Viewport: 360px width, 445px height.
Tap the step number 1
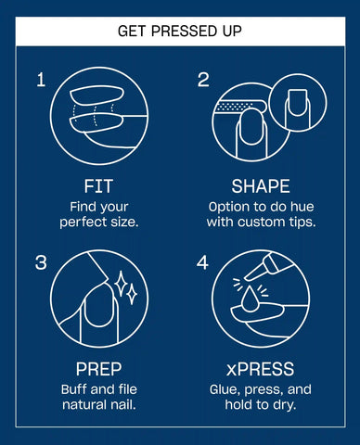(41, 80)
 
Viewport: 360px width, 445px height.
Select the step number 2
(203, 80)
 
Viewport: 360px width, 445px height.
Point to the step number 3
(41, 262)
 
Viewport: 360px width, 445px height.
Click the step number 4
(202, 262)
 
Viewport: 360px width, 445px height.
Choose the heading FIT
(98, 186)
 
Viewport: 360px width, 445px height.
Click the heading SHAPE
(261, 186)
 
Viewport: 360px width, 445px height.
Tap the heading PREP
(99, 369)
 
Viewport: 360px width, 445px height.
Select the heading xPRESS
(260, 369)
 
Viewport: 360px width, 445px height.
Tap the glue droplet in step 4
(250, 299)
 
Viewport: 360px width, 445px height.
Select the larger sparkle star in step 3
(121, 284)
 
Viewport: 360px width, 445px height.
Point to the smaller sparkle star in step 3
(132, 294)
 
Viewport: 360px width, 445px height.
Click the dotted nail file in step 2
(239, 107)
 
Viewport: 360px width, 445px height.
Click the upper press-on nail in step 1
(96, 96)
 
